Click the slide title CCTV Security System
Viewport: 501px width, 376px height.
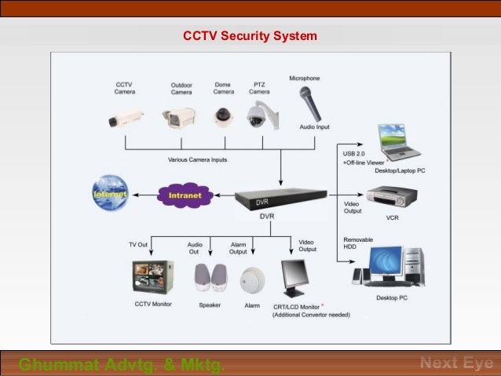click(x=250, y=36)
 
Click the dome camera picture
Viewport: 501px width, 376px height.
click(x=224, y=115)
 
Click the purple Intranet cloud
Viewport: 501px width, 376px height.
click(x=185, y=195)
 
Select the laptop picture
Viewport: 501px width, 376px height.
click(x=397, y=141)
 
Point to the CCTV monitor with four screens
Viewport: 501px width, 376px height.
click(x=152, y=276)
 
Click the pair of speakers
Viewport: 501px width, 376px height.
click(x=210, y=278)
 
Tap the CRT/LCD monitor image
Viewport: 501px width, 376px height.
click(x=294, y=277)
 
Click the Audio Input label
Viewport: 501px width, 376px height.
click(x=314, y=126)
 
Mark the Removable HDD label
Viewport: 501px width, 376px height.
click(x=358, y=243)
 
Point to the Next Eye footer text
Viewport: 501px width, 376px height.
click(x=456, y=363)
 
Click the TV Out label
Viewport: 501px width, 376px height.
click(x=138, y=245)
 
